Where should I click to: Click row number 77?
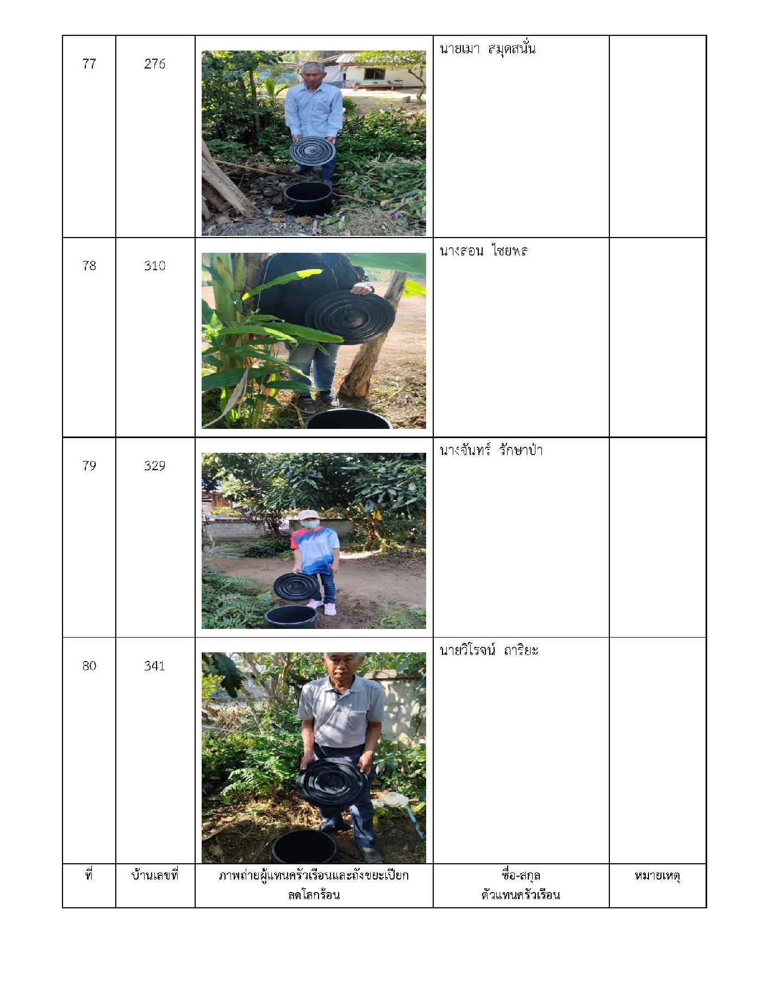click(x=89, y=64)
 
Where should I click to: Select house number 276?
click(x=155, y=64)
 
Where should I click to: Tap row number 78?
click(x=89, y=265)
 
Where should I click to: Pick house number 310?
click(x=155, y=265)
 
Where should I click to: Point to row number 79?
click(x=89, y=465)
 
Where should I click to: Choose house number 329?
click(x=155, y=465)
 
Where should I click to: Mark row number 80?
click(x=89, y=665)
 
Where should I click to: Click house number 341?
click(x=155, y=665)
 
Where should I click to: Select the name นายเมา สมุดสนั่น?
click(x=488, y=49)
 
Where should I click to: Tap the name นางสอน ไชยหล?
click(x=484, y=251)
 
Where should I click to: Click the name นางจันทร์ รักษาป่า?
click(x=491, y=450)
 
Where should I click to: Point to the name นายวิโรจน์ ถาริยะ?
click(x=489, y=650)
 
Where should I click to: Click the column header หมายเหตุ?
click(x=657, y=876)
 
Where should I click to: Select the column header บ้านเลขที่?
click(x=155, y=875)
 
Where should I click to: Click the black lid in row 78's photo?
click(x=350, y=317)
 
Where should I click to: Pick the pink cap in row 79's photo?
click(x=307, y=514)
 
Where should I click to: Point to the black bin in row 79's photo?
click(x=291, y=617)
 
